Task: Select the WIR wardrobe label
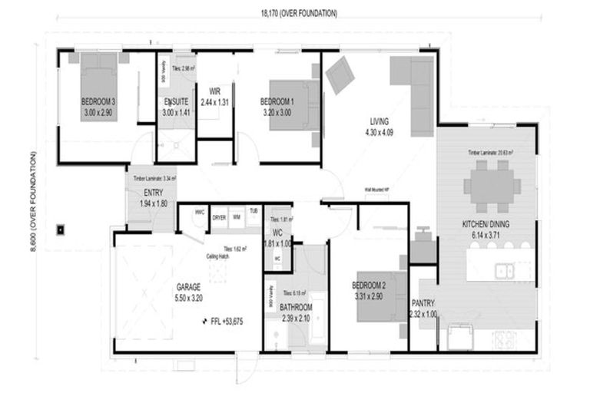coord(215,91)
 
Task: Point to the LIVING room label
coord(379,122)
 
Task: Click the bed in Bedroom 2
coord(380,296)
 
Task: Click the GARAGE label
coord(187,287)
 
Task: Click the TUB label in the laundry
coord(253,211)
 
